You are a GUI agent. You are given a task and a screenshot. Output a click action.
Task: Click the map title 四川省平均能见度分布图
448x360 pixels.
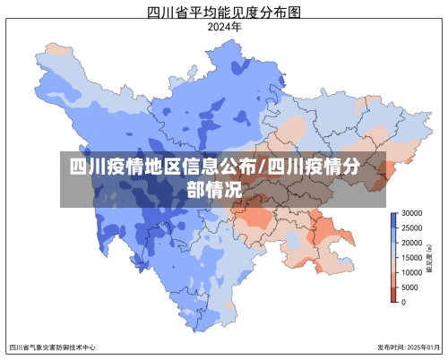pyautogui.click(x=223, y=12)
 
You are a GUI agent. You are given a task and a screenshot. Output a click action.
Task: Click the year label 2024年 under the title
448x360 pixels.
pyautogui.click(x=224, y=27)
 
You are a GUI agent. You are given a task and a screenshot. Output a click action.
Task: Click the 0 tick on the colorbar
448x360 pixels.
pyautogui.click(x=404, y=302)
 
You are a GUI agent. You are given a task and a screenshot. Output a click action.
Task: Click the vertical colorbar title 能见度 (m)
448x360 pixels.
pyautogui.click(x=433, y=258)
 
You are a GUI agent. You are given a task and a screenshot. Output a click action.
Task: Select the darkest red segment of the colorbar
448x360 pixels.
pyautogui.click(x=393, y=296)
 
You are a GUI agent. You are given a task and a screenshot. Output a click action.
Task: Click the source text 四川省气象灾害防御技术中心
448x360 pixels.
pyautogui.click(x=52, y=347)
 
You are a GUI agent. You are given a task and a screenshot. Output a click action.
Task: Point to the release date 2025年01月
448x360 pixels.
pyautogui.click(x=422, y=347)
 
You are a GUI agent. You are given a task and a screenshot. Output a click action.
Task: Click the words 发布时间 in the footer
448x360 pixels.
pyautogui.click(x=389, y=347)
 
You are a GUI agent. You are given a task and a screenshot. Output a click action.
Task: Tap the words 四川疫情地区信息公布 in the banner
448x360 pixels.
pyautogui.click(x=162, y=167)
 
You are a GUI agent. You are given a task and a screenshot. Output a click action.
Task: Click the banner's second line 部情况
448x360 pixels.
pyautogui.click(x=214, y=190)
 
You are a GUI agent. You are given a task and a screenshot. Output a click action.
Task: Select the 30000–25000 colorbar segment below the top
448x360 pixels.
pyautogui.click(x=393, y=226)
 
